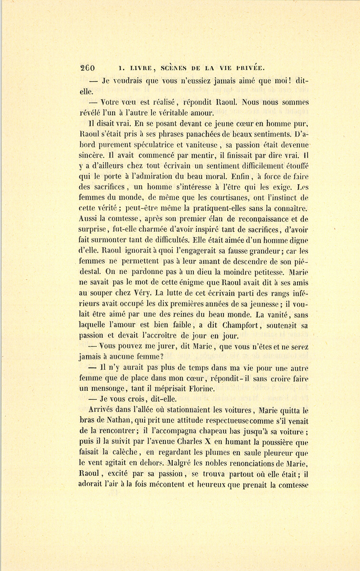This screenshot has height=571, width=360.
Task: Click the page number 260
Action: click(87, 68)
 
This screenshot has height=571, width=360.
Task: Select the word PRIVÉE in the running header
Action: click(248, 68)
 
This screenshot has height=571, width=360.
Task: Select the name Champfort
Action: click(234, 325)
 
